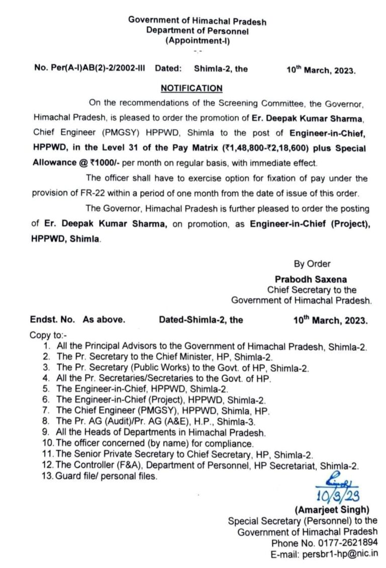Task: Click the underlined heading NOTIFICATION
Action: [191, 89]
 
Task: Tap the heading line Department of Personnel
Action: [198, 31]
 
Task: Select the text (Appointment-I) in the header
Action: [198, 41]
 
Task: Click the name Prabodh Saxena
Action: [311, 279]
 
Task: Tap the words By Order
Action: [312, 264]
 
